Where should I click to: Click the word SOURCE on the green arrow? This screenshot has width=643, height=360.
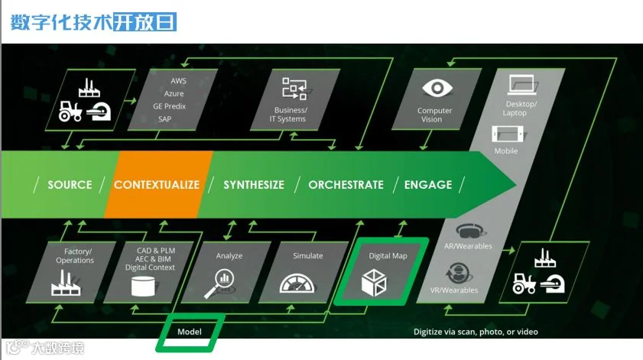coord(70,185)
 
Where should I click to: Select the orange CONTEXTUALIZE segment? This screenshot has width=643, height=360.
coord(157,185)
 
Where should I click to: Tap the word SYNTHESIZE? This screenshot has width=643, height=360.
coord(254,185)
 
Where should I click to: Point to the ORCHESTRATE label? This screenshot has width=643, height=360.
coord(346,185)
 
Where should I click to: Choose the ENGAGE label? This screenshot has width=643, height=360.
coord(428,185)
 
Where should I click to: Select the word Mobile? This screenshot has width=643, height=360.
coord(506,151)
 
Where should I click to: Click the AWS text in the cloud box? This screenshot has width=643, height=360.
coord(179,80)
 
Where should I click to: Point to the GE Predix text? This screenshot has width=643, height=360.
coord(169,106)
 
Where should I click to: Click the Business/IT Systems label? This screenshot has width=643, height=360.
coord(291,115)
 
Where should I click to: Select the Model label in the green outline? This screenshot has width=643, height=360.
coord(190,332)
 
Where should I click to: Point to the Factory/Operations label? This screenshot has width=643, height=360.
coord(75,255)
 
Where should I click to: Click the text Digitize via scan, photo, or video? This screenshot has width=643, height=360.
coord(486,332)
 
